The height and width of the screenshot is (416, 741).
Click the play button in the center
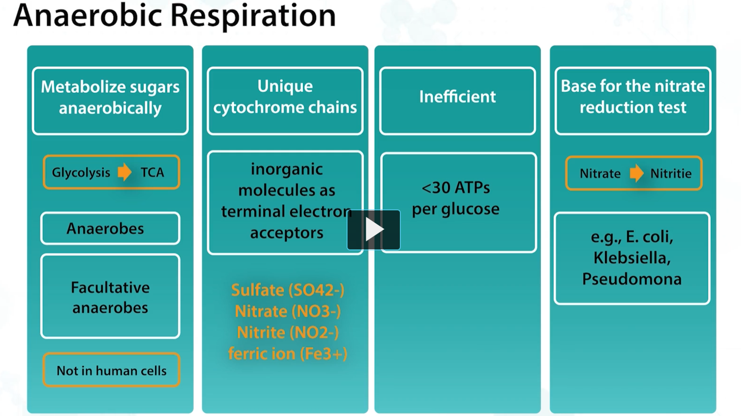pos(374,230)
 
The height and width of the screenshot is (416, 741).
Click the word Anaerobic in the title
pos(88,15)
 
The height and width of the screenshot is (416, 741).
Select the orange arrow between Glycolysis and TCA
pos(125,172)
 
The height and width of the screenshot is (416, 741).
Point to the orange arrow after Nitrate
pos(636,173)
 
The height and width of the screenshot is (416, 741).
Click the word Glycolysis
pos(81,173)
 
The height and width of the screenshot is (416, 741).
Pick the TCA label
pos(152,173)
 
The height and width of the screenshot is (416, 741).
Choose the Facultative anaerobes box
pos(110,297)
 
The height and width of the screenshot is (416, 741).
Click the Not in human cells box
pos(111,370)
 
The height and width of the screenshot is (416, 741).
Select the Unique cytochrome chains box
pos(285,101)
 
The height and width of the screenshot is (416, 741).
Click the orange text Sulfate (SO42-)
pos(288,290)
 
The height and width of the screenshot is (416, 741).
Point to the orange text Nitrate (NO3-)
pos(288,311)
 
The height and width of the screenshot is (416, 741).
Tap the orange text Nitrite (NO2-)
pos(288,332)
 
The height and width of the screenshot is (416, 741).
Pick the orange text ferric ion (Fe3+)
pos(288,354)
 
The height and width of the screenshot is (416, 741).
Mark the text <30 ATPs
pos(456,187)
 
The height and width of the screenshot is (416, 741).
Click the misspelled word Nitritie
pos(671,174)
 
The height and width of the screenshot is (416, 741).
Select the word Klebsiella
pos(632,258)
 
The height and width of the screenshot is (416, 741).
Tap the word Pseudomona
pos(632,279)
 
